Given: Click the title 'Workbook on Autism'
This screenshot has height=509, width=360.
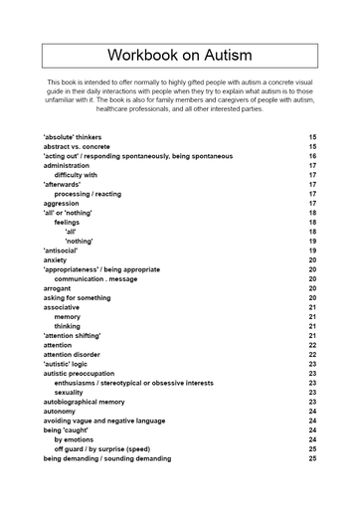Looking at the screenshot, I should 180,56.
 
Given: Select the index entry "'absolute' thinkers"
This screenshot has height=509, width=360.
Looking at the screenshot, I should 73,136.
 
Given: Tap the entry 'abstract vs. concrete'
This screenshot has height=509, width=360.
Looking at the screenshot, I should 78,146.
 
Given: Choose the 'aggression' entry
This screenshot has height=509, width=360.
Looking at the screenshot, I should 62,203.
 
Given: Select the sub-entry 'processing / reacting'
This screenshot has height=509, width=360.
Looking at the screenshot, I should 88,194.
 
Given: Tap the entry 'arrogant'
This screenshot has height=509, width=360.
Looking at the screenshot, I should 58,288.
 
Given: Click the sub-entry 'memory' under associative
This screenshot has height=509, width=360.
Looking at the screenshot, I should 68,316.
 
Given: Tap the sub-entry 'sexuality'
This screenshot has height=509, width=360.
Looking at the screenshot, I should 70,392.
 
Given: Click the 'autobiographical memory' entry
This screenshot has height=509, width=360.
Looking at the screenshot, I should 84,402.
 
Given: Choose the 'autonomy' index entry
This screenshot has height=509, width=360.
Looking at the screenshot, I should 59,411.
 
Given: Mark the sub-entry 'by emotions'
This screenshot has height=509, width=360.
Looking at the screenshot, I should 73,439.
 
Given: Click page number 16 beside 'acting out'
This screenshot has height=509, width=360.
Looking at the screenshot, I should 312,156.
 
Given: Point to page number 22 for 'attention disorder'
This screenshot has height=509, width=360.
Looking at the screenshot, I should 312,354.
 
